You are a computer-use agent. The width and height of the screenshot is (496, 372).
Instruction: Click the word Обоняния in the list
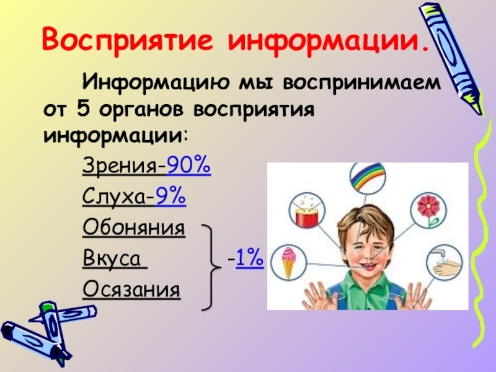tap(133, 228)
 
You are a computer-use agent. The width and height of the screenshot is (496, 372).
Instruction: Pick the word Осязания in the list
tap(131, 289)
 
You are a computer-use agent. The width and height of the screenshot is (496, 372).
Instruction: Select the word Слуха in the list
tap(116, 197)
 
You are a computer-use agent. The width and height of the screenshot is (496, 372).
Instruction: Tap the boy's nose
tap(368, 246)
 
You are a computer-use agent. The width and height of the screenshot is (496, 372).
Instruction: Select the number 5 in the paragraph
tap(82, 110)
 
